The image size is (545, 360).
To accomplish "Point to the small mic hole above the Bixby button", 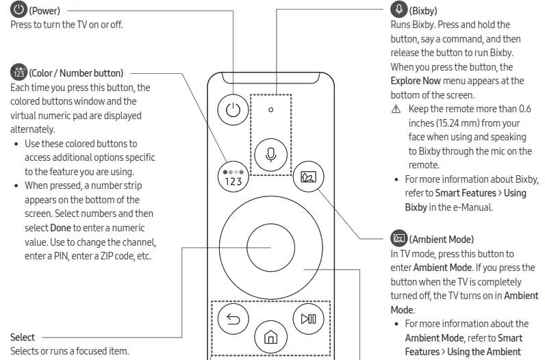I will click(270, 110).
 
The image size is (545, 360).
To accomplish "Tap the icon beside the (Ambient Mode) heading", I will click(398, 240).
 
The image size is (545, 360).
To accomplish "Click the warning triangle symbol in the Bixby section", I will click(394, 110).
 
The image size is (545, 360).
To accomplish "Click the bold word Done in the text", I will click(60, 227).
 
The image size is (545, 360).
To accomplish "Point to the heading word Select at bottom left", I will click(23, 337).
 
